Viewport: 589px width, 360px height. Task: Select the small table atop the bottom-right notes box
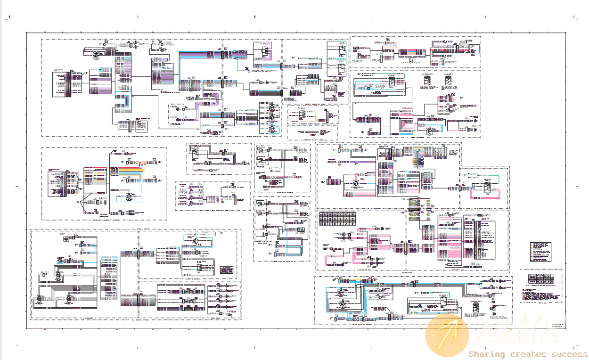541,277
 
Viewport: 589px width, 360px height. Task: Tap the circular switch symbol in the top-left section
96,55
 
